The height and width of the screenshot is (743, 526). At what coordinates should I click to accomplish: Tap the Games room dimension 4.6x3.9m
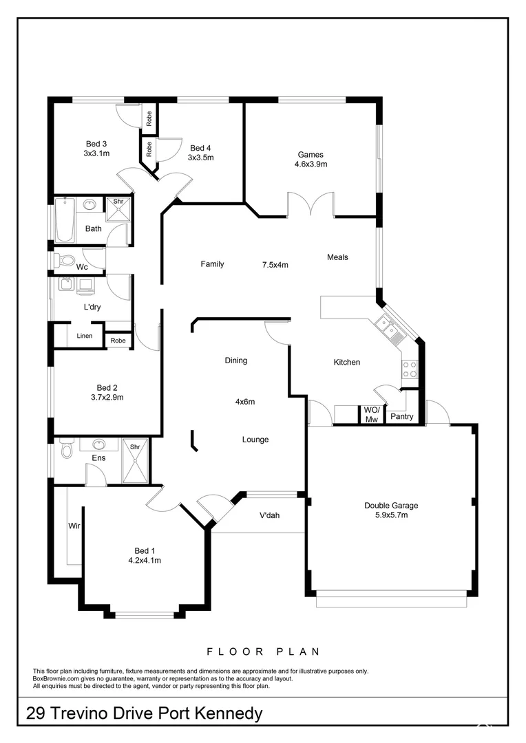click(x=311, y=164)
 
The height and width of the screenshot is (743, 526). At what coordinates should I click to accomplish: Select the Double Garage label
click(x=391, y=506)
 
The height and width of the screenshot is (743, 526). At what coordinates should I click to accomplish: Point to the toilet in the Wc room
click(x=65, y=260)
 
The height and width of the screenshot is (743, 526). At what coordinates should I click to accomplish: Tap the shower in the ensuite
click(x=135, y=460)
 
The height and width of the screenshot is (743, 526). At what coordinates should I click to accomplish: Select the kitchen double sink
click(x=390, y=331)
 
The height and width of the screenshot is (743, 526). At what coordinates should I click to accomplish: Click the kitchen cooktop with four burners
click(x=410, y=369)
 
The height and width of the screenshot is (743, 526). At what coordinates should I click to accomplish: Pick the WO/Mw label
click(x=372, y=415)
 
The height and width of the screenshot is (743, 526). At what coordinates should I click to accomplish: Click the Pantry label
click(x=401, y=416)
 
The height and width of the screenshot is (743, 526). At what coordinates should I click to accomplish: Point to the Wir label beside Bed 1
click(x=74, y=526)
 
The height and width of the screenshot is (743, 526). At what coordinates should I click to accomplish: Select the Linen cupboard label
click(x=85, y=336)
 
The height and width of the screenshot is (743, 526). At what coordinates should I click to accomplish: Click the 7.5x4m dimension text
click(x=275, y=264)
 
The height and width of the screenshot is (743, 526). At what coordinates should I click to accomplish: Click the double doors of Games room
click(x=311, y=204)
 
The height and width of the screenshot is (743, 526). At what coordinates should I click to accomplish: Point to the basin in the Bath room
click(x=90, y=204)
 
